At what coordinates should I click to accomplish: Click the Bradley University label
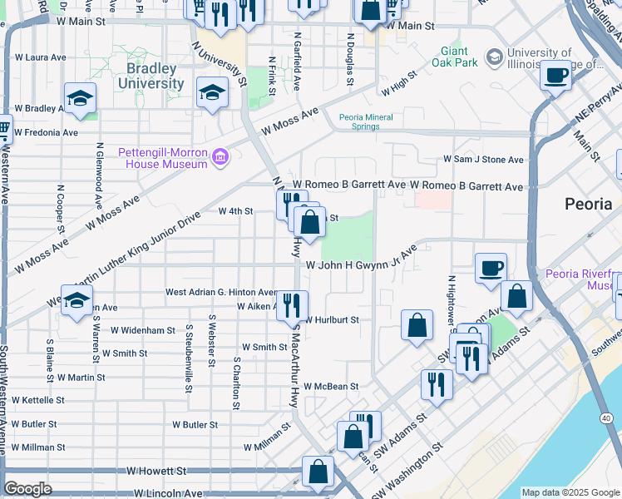[x=151, y=76]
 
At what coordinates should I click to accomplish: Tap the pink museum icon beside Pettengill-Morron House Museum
[x=220, y=157]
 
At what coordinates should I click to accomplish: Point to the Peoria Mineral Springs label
[x=366, y=122]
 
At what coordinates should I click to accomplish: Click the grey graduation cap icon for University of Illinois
[x=495, y=57]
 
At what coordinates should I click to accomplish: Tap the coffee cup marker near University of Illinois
[x=555, y=76]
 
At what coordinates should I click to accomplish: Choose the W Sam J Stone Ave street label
[x=483, y=159]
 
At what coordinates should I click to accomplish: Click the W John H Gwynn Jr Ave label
[x=361, y=264]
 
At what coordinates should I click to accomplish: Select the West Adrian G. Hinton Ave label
[x=220, y=292]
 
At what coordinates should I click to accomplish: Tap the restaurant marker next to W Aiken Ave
[x=292, y=305]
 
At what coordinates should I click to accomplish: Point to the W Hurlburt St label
[x=331, y=319]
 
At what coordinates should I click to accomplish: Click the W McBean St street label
[x=330, y=386]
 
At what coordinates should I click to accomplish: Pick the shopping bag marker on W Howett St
[x=318, y=472]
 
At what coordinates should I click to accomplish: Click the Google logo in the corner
[x=27, y=489]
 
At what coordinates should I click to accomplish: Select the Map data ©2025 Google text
[x=570, y=492]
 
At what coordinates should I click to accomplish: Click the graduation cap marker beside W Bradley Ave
[x=80, y=100]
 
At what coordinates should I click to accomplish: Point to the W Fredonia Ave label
[x=46, y=132]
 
